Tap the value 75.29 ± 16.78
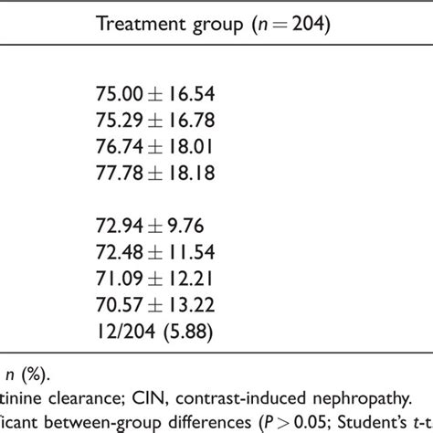coord(154,118)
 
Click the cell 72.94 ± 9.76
coord(149,223)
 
